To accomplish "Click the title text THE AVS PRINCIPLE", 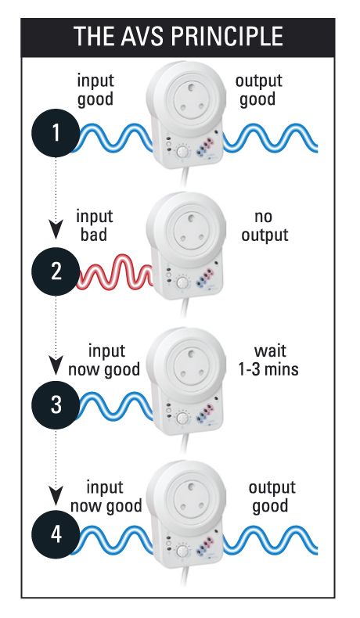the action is [x=178, y=36].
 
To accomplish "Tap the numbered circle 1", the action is [x=56, y=132].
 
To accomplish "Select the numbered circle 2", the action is [x=56, y=271].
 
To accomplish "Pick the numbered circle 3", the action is [x=56, y=404].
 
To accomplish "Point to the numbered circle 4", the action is [x=56, y=535].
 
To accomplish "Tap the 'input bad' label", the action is [x=94, y=225].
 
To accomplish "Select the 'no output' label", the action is [x=265, y=225].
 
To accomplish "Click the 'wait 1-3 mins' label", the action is [x=268, y=360].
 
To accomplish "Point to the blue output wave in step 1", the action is [x=271, y=138].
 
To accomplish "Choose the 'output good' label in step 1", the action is [x=259, y=90].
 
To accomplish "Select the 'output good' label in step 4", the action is [x=272, y=497].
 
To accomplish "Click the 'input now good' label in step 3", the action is [x=104, y=360].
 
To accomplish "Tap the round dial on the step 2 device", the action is [x=182, y=282].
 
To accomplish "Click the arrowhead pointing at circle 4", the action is [x=56, y=495].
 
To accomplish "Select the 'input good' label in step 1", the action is [x=95, y=90].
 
